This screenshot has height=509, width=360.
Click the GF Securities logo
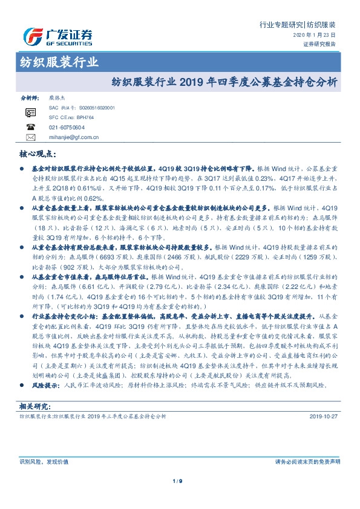point(57,37)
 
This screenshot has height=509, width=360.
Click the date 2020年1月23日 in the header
point(318,36)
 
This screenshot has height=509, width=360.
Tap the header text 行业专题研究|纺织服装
point(297,25)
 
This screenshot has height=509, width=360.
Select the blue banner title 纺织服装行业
point(55,62)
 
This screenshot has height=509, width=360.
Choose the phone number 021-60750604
point(67,128)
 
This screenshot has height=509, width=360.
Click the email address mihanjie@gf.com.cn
point(74,138)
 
